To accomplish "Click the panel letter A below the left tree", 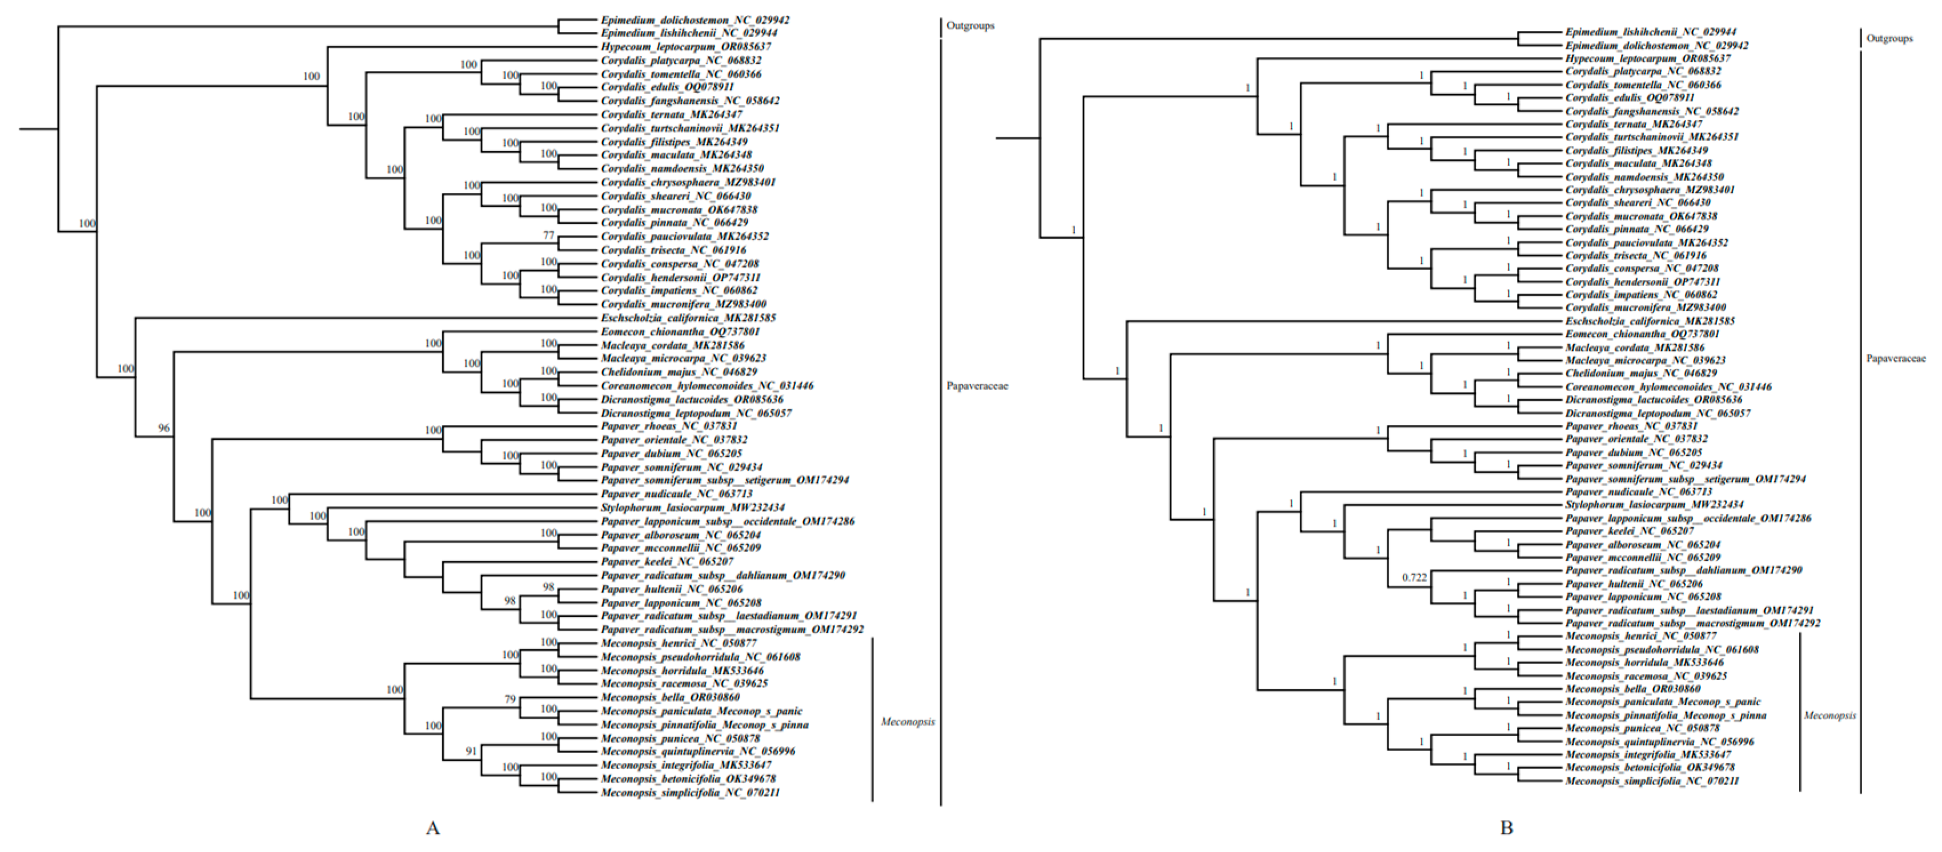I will click(433, 828).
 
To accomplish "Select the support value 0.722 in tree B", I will click(1414, 577).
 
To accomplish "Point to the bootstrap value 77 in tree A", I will click(548, 235).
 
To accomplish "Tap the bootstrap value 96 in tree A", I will click(163, 428).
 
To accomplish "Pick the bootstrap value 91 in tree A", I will click(471, 751).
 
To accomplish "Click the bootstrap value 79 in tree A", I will click(509, 699).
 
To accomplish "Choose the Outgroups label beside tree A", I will click(970, 26).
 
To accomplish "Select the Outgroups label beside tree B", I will click(1889, 38).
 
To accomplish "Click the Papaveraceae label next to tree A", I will click(977, 386).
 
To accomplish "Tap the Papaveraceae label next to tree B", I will click(1895, 359).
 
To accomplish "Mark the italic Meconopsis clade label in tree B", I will click(1829, 716).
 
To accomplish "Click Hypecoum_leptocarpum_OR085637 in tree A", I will click(685, 47).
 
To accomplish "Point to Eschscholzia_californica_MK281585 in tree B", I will click(1650, 321).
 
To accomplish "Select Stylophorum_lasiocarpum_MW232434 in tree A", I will click(692, 508).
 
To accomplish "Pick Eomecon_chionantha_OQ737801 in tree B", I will click(1643, 334).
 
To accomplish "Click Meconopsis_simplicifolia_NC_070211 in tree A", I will click(690, 793).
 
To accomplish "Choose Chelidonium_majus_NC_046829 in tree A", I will click(679, 372).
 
